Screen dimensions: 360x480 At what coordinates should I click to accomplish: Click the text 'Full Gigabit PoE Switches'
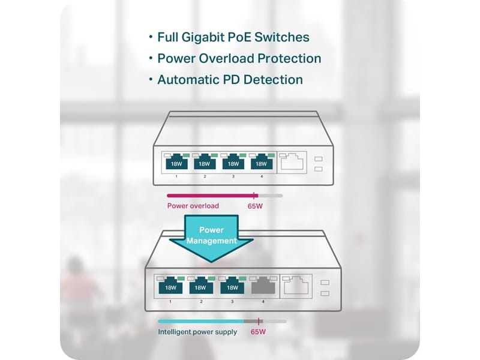point(233,37)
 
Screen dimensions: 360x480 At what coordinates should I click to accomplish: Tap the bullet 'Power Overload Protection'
point(239,58)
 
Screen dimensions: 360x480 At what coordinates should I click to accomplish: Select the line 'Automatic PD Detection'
point(230,79)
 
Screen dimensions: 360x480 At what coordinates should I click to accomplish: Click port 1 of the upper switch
point(176,162)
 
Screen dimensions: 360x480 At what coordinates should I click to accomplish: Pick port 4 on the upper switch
point(261,162)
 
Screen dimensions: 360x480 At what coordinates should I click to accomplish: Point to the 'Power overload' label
point(193,206)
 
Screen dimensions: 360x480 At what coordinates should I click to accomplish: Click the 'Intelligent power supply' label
point(197,332)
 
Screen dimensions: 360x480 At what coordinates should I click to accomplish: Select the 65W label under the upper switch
point(255,206)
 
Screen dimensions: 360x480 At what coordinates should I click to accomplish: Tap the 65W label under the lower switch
point(258,332)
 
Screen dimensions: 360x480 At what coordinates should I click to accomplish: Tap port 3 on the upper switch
point(233,162)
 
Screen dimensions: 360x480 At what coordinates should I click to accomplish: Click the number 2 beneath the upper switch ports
point(205,176)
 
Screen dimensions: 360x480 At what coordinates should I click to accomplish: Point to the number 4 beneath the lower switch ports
point(263,301)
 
